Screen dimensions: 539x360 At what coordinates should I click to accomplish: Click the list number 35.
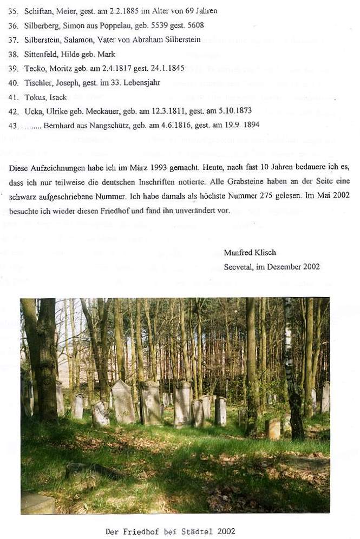[x=14, y=10]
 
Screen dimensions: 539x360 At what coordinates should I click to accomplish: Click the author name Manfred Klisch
[x=250, y=252]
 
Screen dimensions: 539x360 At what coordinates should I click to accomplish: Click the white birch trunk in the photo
[x=288, y=346]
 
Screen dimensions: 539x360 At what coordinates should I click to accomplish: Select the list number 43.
[x=14, y=125]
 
